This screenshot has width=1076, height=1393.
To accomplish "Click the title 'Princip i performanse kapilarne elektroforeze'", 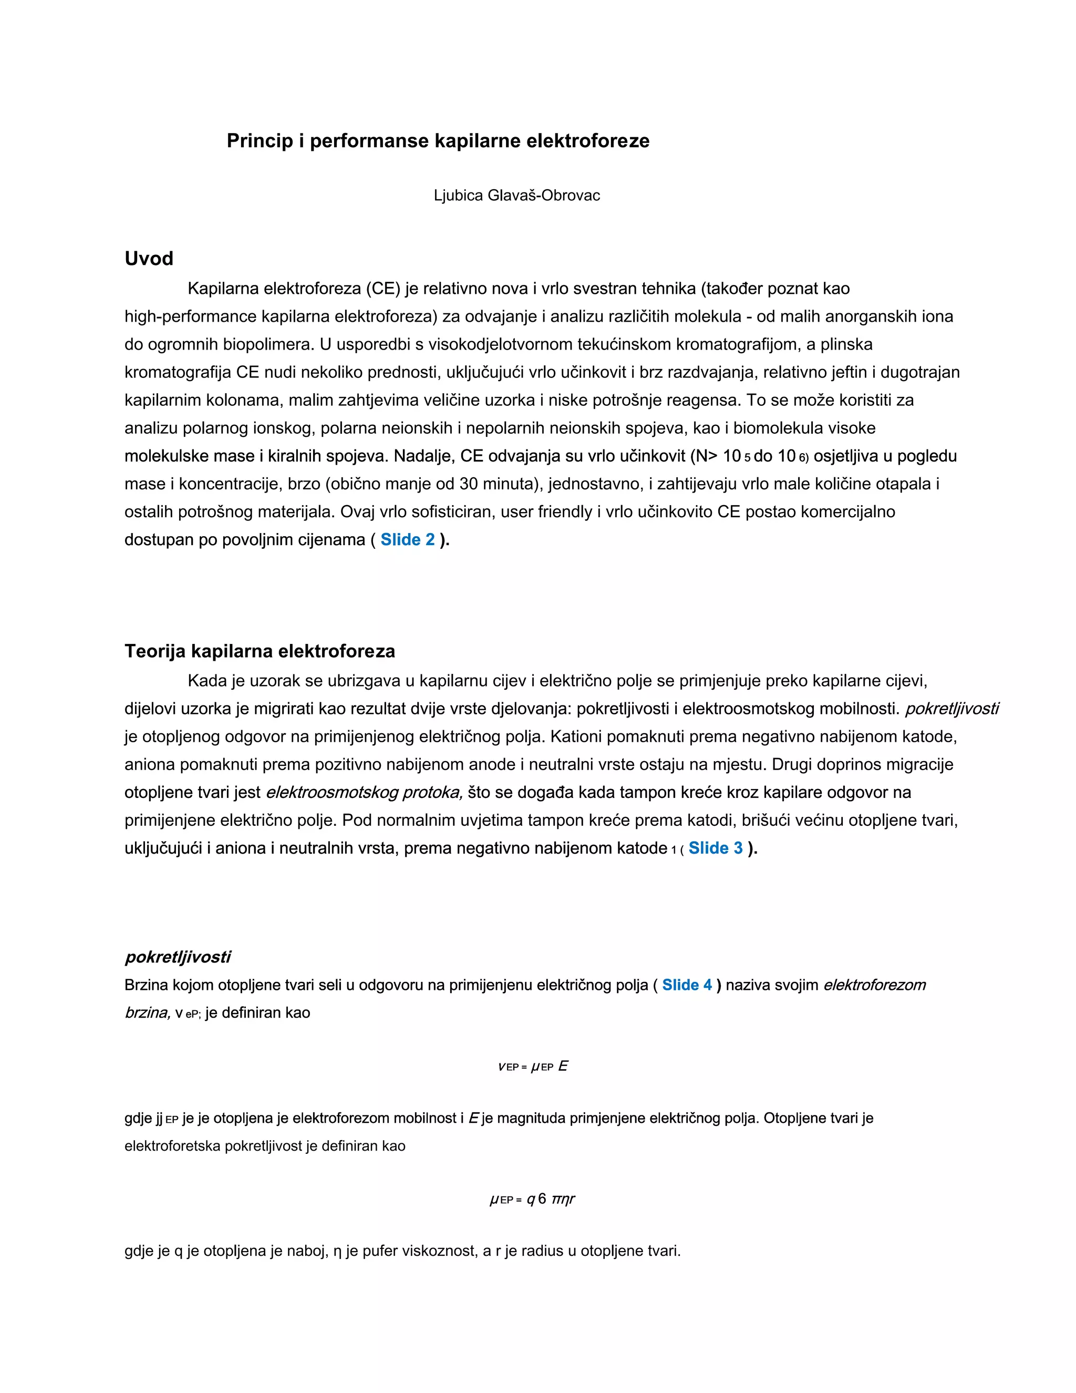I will tap(438, 141).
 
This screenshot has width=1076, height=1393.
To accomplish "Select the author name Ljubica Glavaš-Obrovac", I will tap(516, 196).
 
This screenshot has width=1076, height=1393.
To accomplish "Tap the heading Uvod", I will tap(149, 258).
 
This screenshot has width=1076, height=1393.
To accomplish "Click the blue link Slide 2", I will tap(407, 540).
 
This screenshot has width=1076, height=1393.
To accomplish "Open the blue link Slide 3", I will tap(715, 848).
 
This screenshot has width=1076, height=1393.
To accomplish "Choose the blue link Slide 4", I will tap(687, 985).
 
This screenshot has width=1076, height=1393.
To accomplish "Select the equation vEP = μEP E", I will tap(533, 1067).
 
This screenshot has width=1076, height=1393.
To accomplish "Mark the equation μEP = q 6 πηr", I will tap(532, 1199).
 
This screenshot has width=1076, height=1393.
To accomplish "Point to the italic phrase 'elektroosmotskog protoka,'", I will tap(364, 793).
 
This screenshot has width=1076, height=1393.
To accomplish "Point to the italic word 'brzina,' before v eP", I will tap(147, 1013).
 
